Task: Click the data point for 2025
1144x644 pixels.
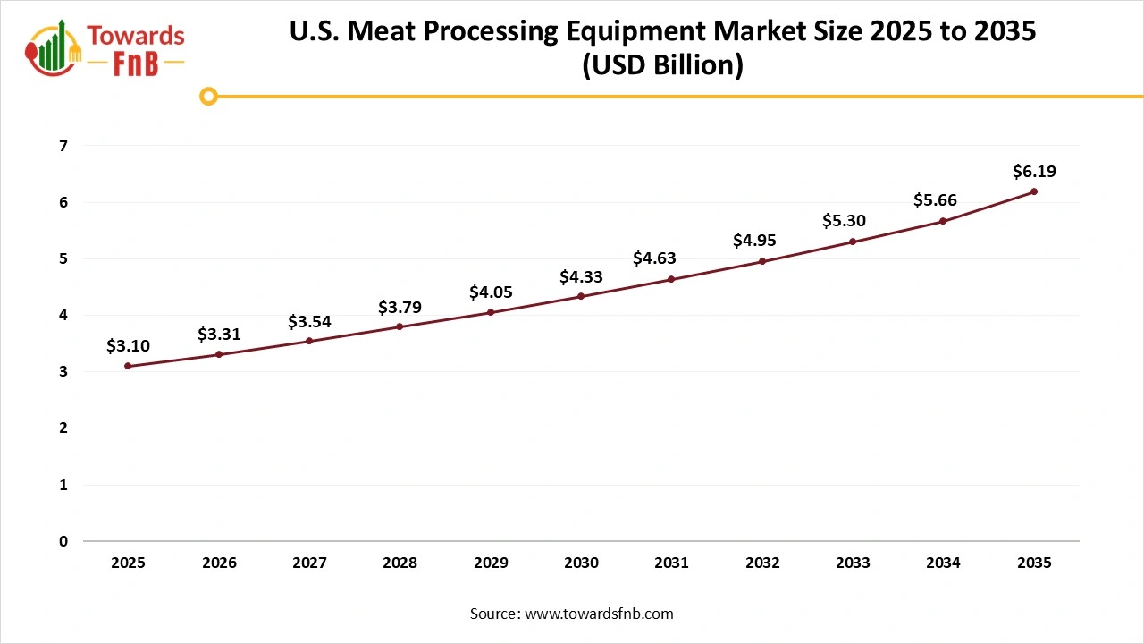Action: (x=128, y=366)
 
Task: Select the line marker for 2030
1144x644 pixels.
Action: (x=581, y=296)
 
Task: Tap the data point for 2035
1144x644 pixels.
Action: (x=1034, y=191)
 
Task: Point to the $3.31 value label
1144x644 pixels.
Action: (x=219, y=335)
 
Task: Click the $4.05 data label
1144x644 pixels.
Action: (x=491, y=292)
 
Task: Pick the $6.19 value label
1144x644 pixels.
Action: (x=1034, y=171)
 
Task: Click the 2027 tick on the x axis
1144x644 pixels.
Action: (x=309, y=563)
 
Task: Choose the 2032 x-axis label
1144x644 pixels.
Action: (x=762, y=563)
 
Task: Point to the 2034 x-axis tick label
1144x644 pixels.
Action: (x=943, y=563)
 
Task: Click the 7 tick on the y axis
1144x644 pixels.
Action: (x=63, y=146)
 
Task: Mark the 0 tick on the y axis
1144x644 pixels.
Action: (x=63, y=541)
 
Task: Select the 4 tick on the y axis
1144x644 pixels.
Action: (x=63, y=315)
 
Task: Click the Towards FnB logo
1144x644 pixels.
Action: (x=105, y=47)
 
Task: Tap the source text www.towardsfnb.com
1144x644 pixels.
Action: (x=598, y=614)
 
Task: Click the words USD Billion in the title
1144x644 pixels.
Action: (x=662, y=66)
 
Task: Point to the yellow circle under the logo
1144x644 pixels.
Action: (x=208, y=96)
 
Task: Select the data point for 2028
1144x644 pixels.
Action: (x=400, y=326)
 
